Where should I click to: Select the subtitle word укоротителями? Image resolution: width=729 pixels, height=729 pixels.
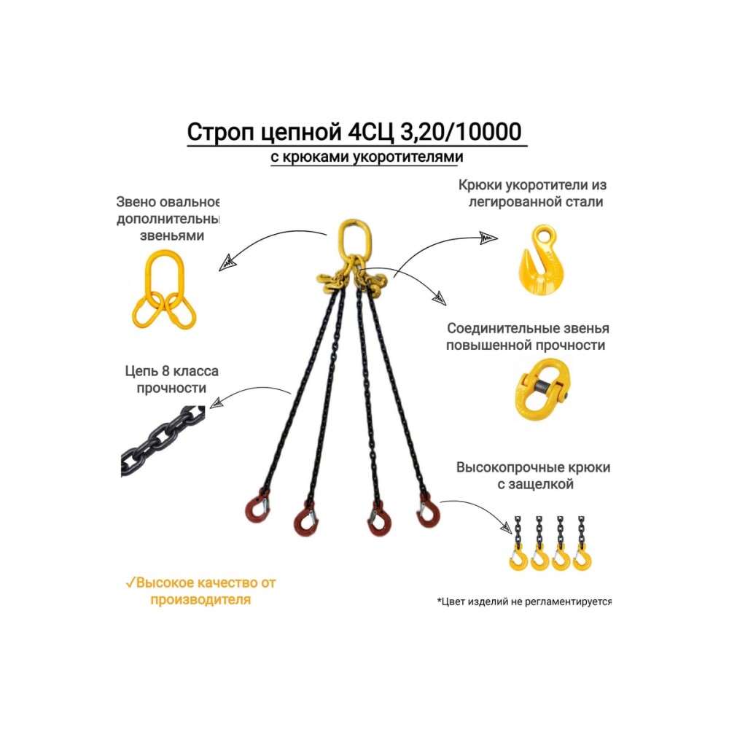tap(416, 156)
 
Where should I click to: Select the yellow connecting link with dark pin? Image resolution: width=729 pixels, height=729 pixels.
tap(541, 387)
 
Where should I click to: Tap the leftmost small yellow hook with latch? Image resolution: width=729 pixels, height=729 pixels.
tap(518, 558)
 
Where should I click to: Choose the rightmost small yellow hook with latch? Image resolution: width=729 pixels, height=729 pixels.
tap(582, 558)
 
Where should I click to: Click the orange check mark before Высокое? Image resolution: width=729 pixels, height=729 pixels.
tap(129, 583)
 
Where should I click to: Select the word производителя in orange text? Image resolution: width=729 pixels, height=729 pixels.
tap(200, 600)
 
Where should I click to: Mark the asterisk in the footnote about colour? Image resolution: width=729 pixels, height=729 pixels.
tap(440, 602)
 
